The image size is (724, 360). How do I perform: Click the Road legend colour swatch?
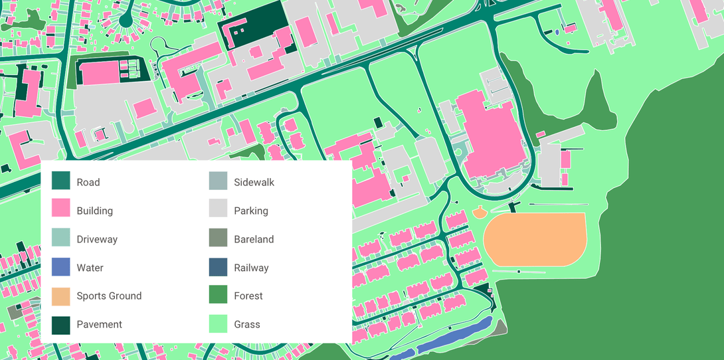coord(60,182)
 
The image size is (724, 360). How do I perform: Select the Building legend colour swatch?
coord(60,211)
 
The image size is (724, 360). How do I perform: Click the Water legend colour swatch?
coord(60,268)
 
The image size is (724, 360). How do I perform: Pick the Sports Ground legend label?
coord(109,296)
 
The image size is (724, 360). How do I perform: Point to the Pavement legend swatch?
coord(60,325)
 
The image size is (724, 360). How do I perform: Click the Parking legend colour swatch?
coord(218,211)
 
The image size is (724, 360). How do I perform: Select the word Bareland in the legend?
coord(254,239)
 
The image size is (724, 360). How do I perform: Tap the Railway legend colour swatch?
coord(218,268)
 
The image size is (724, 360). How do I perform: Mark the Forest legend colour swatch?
coord(218,296)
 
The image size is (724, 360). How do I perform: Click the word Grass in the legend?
coord(247,325)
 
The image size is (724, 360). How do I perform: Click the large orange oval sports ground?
coord(535,239)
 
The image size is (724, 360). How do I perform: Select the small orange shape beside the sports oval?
coord(479,213)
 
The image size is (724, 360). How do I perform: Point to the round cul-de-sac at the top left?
coord(125,21)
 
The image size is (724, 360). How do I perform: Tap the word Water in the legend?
coord(90,268)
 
